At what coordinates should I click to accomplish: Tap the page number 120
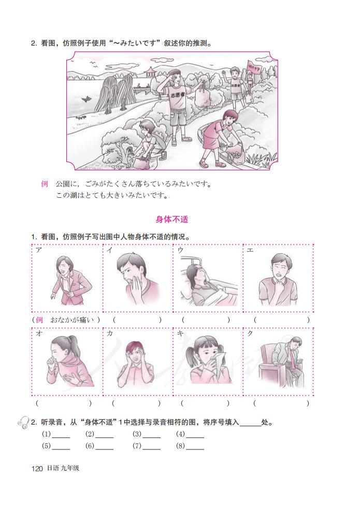tap(36, 468)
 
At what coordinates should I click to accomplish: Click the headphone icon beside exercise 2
tap(23, 423)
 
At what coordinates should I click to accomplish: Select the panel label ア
tap(39, 250)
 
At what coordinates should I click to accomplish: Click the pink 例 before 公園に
tap(45, 184)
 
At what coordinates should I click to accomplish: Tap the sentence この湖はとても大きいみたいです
tap(111, 196)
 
